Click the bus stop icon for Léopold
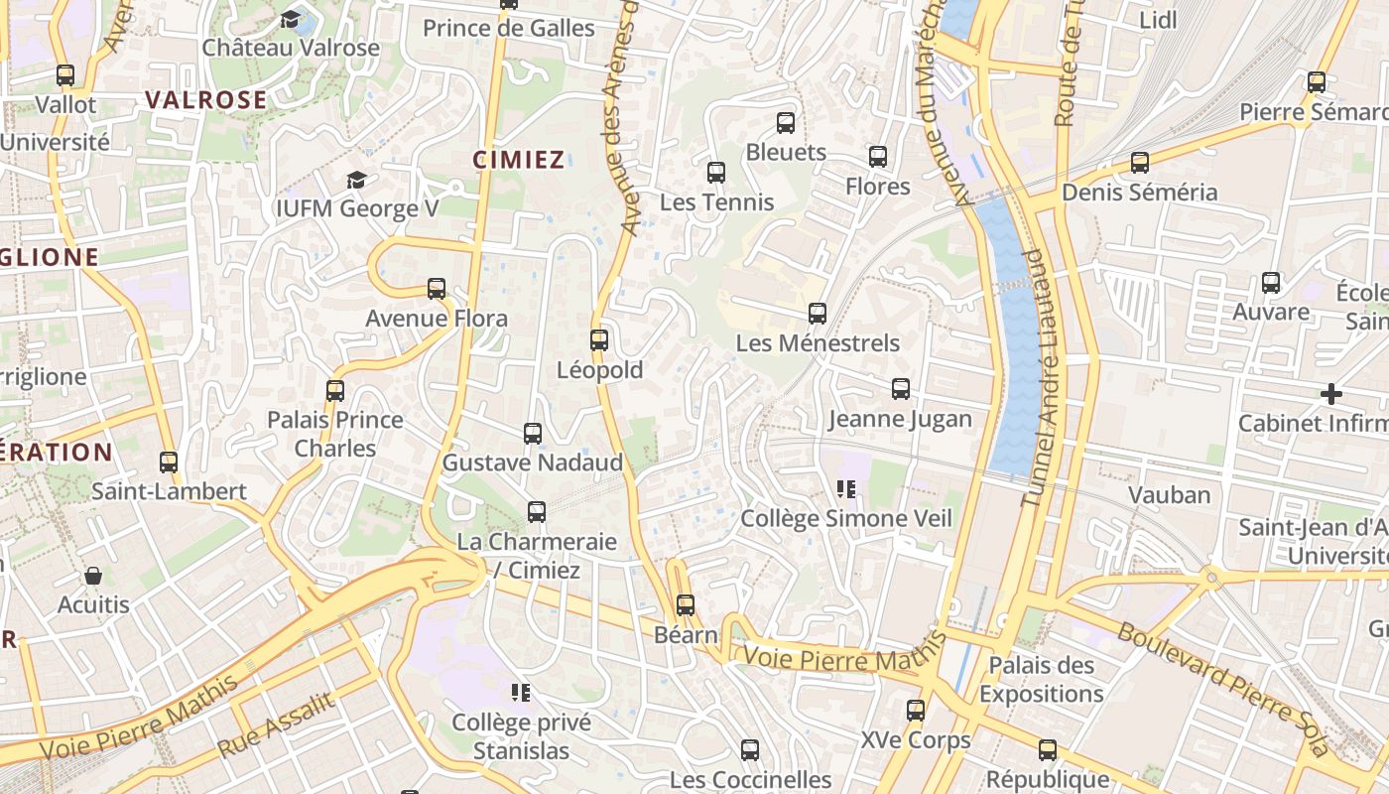pyautogui.click(x=598, y=340)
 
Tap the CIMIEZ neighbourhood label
pyautogui.click(x=519, y=160)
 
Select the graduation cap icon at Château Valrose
pyautogui.click(x=291, y=19)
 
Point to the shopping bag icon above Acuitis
pyautogui.click(x=93, y=576)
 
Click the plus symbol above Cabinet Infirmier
pyautogui.click(x=1331, y=394)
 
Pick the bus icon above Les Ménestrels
pyautogui.click(x=818, y=314)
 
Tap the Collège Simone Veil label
pyautogui.click(x=846, y=518)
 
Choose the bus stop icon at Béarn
pyautogui.click(x=686, y=605)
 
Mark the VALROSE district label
pyautogui.click(x=206, y=100)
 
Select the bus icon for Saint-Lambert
pyautogui.click(x=169, y=463)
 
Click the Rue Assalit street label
pyautogui.click(x=276, y=726)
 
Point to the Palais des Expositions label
pyautogui.click(x=1041, y=679)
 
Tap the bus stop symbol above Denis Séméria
pyautogui.click(x=1140, y=163)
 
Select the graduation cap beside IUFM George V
pyautogui.click(x=356, y=180)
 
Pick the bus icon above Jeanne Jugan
pyautogui.click(x=901, y=389)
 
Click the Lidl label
pyautogui.click(x=1158, y=20)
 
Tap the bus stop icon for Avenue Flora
pyautogui.click(x=437, y=289)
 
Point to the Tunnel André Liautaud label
pyautogui.click(x=1039, y=377)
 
